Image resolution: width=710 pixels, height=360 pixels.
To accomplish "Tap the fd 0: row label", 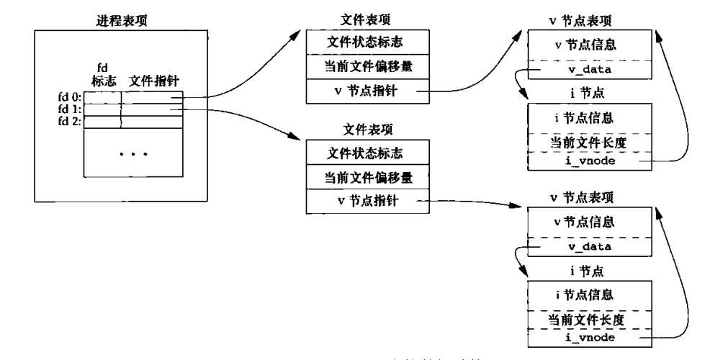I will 70,96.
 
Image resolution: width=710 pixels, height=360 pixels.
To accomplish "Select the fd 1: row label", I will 70,109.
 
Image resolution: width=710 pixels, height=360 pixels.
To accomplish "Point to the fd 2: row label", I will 70,121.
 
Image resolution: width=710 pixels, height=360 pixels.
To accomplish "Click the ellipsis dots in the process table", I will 133,153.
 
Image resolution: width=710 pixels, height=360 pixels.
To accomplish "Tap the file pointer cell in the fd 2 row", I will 153,122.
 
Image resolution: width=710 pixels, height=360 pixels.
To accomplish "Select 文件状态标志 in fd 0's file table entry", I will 365,42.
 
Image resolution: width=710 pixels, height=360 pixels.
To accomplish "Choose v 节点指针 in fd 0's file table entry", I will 365,91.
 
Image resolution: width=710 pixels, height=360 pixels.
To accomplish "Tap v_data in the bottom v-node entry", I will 589,247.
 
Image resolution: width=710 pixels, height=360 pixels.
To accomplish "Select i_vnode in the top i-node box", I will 589,162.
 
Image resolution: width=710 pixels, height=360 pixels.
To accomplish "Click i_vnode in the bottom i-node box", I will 589,337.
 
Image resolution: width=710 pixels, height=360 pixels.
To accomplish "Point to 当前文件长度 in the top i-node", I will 589,142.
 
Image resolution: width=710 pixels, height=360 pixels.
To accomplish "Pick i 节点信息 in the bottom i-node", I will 589,294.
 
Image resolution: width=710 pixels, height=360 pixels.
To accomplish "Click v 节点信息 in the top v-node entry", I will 589,45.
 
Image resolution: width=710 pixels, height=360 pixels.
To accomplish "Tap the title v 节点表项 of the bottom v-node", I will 589,196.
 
